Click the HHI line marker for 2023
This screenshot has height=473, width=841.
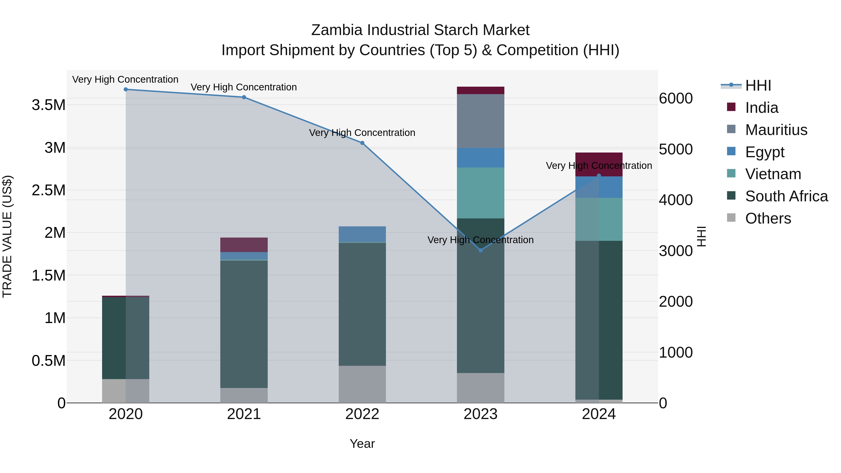coord(480,250)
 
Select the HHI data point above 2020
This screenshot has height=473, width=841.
coord(126,89)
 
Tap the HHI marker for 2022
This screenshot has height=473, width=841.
coord(362,143)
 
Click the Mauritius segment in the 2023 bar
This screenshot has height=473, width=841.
coord(480,121)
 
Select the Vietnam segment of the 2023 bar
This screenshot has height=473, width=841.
coord(480,193)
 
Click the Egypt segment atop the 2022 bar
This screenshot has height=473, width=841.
coord(362,234)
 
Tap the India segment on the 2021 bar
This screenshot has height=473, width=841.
coord(244,245)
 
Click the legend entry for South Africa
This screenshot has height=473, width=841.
coord(786,196)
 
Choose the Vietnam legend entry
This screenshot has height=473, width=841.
coord(773,174)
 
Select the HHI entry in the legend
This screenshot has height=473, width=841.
coord(758,85)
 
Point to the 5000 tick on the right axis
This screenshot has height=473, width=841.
coord(675,149)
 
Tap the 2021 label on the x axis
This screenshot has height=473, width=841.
coord(244,414)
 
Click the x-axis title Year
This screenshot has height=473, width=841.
coord(362,444)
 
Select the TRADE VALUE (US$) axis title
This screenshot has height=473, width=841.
coord(7,236)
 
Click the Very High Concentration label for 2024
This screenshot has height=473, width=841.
coord(599,166)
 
